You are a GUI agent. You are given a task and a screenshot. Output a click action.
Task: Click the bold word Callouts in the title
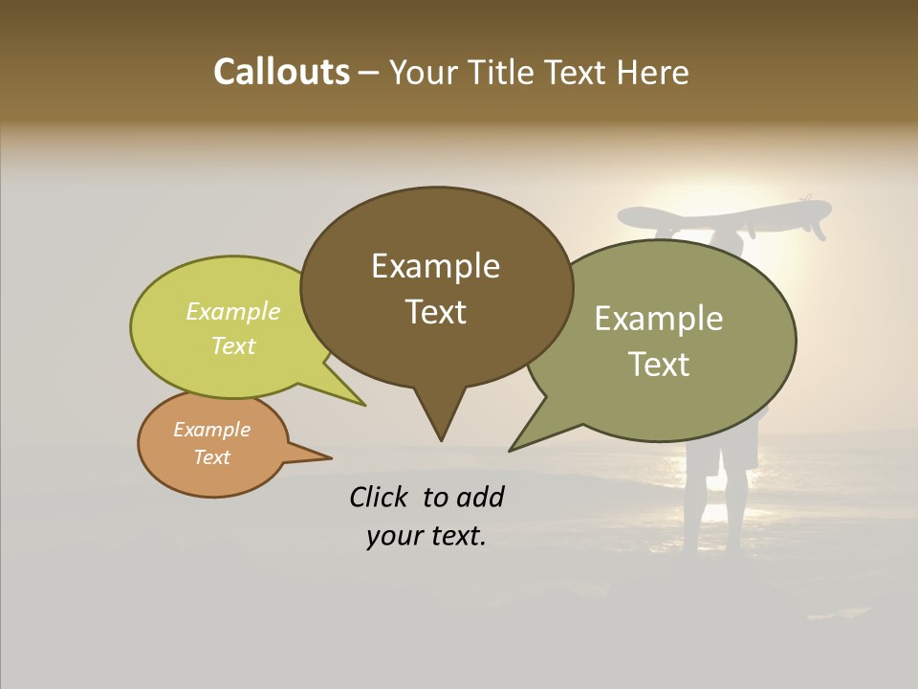tap(281, 72)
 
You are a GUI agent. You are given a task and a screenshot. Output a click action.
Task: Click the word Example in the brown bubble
tap(435, 266)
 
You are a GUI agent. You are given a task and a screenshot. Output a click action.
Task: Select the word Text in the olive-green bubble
tap(659, 365)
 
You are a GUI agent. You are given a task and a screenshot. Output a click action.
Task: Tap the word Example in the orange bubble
tap(211, 430)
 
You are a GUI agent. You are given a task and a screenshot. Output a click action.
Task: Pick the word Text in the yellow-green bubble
tap(233, 345)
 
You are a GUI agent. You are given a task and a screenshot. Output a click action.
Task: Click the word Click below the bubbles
tap(381, 497)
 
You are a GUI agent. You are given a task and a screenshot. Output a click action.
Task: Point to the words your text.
tap(426, 537)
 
